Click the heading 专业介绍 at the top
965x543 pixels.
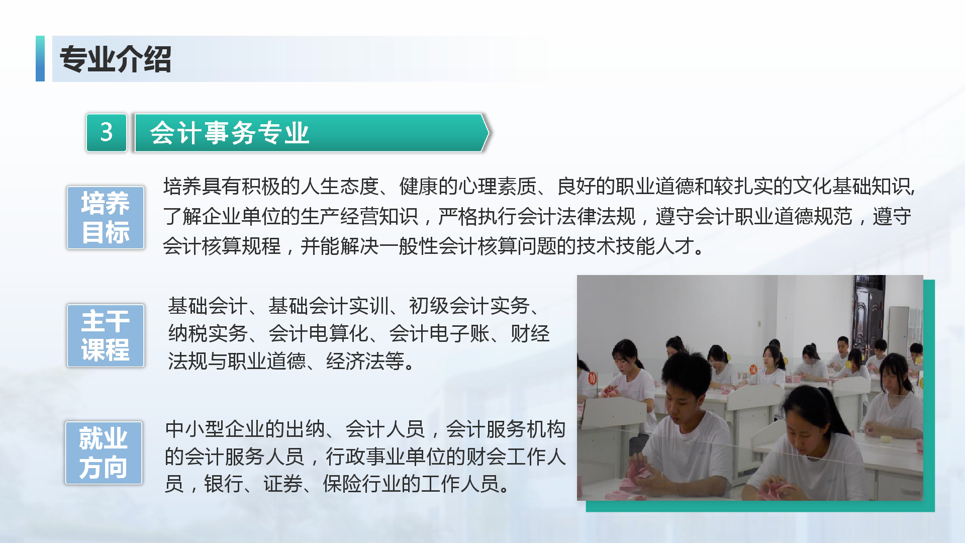coord(116,59)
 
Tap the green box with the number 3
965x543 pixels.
coord(107,133)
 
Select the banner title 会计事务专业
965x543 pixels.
coord(229,133)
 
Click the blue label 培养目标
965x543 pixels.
coord(106,218)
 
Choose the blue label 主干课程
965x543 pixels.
coord(106,335)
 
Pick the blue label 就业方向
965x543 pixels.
coord(104,453)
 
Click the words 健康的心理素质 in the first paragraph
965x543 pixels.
coord(468,187)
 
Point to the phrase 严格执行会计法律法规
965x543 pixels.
coord(537,217)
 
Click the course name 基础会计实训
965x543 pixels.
coord(329,306)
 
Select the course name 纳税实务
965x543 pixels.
coord(208,333)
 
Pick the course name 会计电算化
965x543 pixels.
coord(318,333)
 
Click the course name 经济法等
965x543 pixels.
coord(365,361)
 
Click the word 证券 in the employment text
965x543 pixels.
coord(283,484)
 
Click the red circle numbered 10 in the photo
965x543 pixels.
coord(592,378)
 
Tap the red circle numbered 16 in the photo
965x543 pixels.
coord(753,370)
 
